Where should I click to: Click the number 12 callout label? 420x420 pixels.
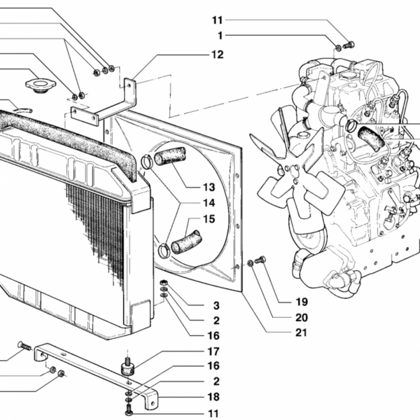pos(218,55)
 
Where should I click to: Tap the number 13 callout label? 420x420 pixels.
pos(209,187)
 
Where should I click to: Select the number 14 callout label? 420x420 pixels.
pos(209,203)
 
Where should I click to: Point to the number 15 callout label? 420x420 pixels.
pos(209,219)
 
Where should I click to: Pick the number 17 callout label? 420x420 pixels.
pos(213,351)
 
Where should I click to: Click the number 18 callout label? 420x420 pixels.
pos(213,397)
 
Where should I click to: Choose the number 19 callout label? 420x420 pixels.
pos(302,302)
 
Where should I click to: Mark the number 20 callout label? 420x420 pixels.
pos(302,318)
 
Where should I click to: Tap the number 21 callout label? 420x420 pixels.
pos(301,332)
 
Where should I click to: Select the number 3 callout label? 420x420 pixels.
pos(216,306)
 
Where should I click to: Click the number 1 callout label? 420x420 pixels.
pos(220,36)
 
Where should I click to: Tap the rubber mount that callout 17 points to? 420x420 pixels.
pos(128,367)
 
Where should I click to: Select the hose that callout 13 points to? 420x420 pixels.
pos(170,156)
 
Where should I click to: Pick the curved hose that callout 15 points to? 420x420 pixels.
pos(186,242)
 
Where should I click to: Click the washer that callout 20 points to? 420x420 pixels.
pos(250,263)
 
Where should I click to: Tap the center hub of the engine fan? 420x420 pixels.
pos(292,174)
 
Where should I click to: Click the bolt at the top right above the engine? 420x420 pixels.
pos(349,45)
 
